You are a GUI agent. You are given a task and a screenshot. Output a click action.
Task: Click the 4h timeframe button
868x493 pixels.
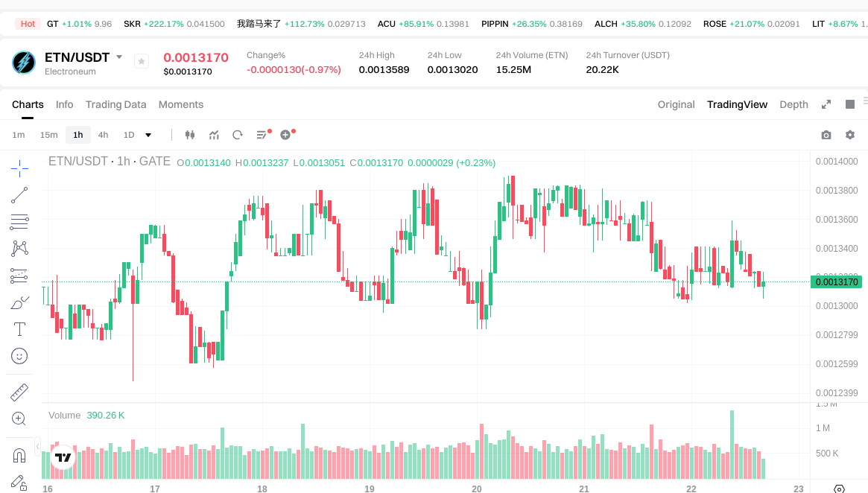tap(103, 135)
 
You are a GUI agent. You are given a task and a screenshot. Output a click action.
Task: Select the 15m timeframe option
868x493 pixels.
tap(48, 135)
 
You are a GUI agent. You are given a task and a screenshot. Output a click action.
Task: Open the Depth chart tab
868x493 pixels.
tap(793, 104)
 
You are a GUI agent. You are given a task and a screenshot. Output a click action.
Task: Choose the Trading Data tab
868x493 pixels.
tap(115, 104)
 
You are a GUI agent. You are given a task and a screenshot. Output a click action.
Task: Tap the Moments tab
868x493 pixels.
tap(181, 104)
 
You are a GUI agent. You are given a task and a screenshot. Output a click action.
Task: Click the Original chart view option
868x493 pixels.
tap(676, 104)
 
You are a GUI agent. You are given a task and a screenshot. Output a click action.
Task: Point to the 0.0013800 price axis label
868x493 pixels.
tap(837, 191)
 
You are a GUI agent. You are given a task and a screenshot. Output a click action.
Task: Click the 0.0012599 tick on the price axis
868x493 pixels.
tap(837, 363)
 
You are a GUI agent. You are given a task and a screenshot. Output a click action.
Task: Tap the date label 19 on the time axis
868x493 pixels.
tap(370, 489)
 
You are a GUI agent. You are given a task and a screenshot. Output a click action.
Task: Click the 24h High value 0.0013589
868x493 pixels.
tap(384, 70)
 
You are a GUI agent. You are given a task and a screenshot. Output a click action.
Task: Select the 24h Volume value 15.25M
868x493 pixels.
tap(513, 70)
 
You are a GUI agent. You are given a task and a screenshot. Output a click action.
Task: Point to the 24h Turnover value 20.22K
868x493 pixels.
tap(602, 70)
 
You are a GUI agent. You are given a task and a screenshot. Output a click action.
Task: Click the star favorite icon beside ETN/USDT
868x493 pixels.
tap(142, 62)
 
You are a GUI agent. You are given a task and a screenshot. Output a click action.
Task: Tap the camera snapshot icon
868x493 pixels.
tap(826, 135)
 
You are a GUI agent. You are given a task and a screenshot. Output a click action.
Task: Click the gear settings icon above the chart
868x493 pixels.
tap(850, 135)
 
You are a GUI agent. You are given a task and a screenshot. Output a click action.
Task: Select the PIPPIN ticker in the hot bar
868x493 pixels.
tap(495, 24)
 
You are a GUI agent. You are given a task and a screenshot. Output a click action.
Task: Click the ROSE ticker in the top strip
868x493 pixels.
tap(715, 24)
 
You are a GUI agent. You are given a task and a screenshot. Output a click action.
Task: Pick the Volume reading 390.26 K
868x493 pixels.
tap(106, 415)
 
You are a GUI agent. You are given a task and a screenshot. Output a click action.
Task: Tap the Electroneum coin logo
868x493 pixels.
tap(24, 63)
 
